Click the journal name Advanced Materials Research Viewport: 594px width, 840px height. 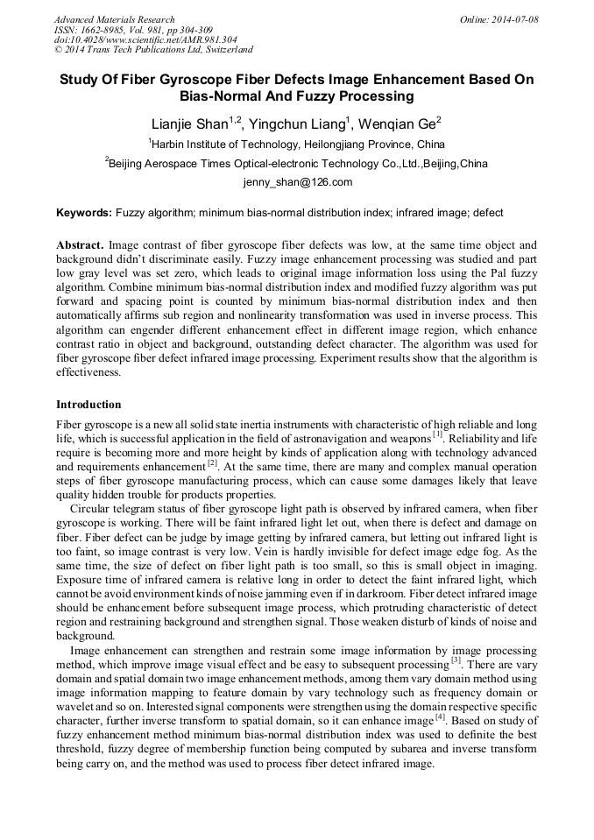click(114, 19)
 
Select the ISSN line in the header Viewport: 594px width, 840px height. click(131, 30)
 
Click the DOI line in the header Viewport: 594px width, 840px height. click(145, 40)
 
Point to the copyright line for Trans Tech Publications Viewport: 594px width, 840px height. click(153, 51)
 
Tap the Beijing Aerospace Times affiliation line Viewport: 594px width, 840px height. click(296, 164)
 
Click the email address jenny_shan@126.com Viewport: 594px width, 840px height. click(297, 183)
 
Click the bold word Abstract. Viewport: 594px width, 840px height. click(81, 245)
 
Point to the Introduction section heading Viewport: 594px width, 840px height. click(88, 405)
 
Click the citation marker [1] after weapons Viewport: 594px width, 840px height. click(437, 434)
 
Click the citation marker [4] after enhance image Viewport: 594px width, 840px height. click(441, 717)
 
